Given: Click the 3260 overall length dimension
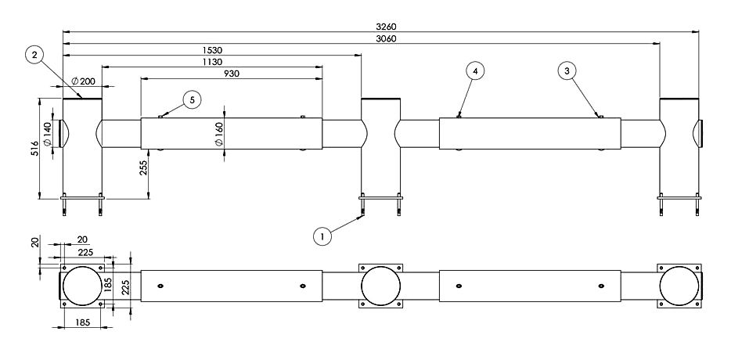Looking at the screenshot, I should (380, 27).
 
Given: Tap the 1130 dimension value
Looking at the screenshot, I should (211, 62).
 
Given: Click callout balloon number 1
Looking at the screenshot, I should (321, 234).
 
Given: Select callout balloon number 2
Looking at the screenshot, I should (33, 54).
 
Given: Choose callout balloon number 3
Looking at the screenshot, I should (569, 70).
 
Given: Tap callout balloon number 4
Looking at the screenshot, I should (475, 70).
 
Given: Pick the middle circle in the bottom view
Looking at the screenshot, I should (381, 286).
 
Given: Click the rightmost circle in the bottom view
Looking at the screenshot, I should (679, 286).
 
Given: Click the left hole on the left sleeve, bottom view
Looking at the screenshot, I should (160, 286).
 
